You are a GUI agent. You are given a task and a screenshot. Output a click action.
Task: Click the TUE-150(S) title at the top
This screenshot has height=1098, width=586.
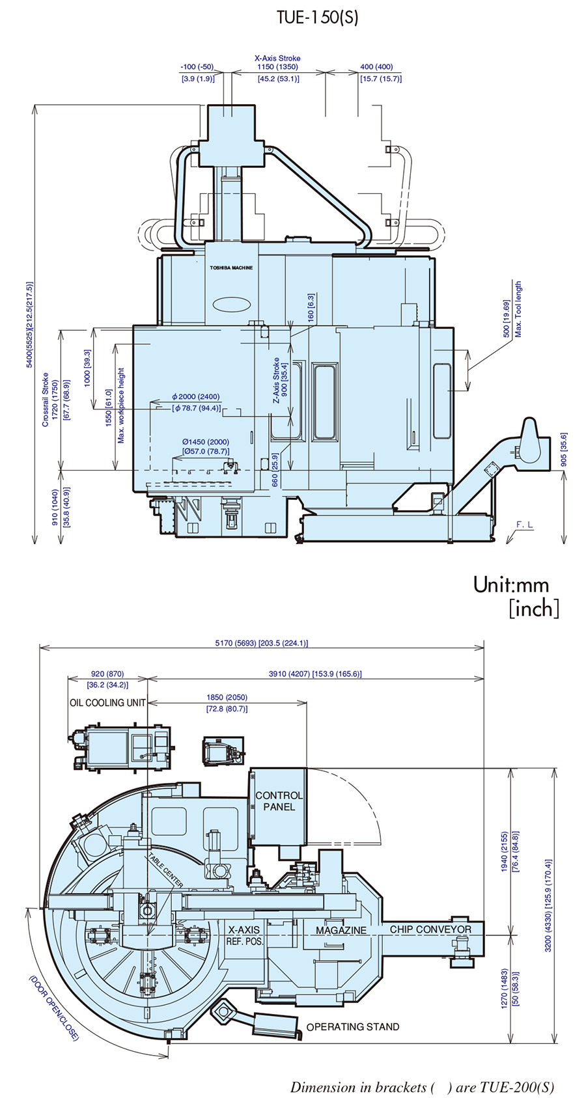(317, 17)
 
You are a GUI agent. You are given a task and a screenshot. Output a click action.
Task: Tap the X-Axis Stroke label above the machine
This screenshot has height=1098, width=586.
(277, 58)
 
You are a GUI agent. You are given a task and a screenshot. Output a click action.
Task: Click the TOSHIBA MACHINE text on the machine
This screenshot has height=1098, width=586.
(231, 268)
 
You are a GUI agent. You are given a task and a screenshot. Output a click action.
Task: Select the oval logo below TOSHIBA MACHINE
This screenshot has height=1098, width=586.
(231, 304)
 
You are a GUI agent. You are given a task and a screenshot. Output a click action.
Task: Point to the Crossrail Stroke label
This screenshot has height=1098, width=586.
(46, 400)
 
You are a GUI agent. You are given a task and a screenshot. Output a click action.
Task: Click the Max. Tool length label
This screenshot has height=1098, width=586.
(518, 309)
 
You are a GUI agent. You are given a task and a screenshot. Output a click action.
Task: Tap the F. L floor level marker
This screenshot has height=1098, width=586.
(524, 525)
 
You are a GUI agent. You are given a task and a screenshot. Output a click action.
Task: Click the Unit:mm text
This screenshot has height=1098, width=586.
(511, 584)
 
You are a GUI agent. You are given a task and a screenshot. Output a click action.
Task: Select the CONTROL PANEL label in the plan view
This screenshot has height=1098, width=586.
(279, 801)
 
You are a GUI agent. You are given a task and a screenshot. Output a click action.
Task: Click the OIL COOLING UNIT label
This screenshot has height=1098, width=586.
(108, 702)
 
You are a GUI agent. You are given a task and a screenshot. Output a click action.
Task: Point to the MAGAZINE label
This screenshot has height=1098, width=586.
(341, 930)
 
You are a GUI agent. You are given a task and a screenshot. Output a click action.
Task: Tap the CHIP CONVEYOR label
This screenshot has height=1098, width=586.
(430, 929)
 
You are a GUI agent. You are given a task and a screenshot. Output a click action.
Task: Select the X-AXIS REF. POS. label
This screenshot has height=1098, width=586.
(244, 935)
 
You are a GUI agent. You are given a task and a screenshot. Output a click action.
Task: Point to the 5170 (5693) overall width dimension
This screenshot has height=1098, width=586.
(261, 642)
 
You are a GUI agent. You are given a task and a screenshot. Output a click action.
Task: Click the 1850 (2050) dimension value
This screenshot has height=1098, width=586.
(227, 697)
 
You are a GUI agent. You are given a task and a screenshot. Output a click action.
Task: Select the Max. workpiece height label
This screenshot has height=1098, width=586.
(121, 406)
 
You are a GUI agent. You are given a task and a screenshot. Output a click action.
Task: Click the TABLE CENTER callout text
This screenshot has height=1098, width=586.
(166, 871)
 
